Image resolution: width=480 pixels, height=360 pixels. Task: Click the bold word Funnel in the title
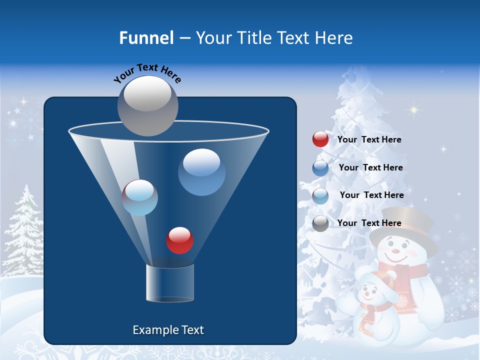pyautogui.click(x=146, y=38)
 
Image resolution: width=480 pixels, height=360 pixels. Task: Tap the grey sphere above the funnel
pyautogui.click(x=147, y=105)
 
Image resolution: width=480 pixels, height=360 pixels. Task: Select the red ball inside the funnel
pyautogui.click(x=179, y=240)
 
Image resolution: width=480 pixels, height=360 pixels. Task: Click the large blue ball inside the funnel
pyautogui.click(x=201, y=172)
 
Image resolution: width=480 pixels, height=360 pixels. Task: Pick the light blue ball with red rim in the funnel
pyautogui.click(x=140, y=197)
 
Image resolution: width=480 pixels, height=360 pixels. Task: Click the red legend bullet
pyautogui.click(x=320, y=139)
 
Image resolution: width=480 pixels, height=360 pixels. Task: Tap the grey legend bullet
pyautogui.click(x=320, y=223)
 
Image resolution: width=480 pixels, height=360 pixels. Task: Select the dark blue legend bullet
pyautogui.click(x=320, y=167)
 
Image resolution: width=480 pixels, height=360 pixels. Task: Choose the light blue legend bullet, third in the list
pyautogui.click(x=320, y=195)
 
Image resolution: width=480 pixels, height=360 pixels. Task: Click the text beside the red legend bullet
pyautogui.click(x=369, y=139)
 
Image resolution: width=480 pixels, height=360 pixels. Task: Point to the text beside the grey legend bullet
pyautogui.click(x=369, y=223)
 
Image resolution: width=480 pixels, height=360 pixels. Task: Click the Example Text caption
pyautogui.click(x=168, y=330)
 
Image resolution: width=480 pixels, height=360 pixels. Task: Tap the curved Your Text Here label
pyautogui.click(x=147, y=72)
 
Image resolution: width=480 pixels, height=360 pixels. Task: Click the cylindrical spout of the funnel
pyautogui.click(x=169, y=283)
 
